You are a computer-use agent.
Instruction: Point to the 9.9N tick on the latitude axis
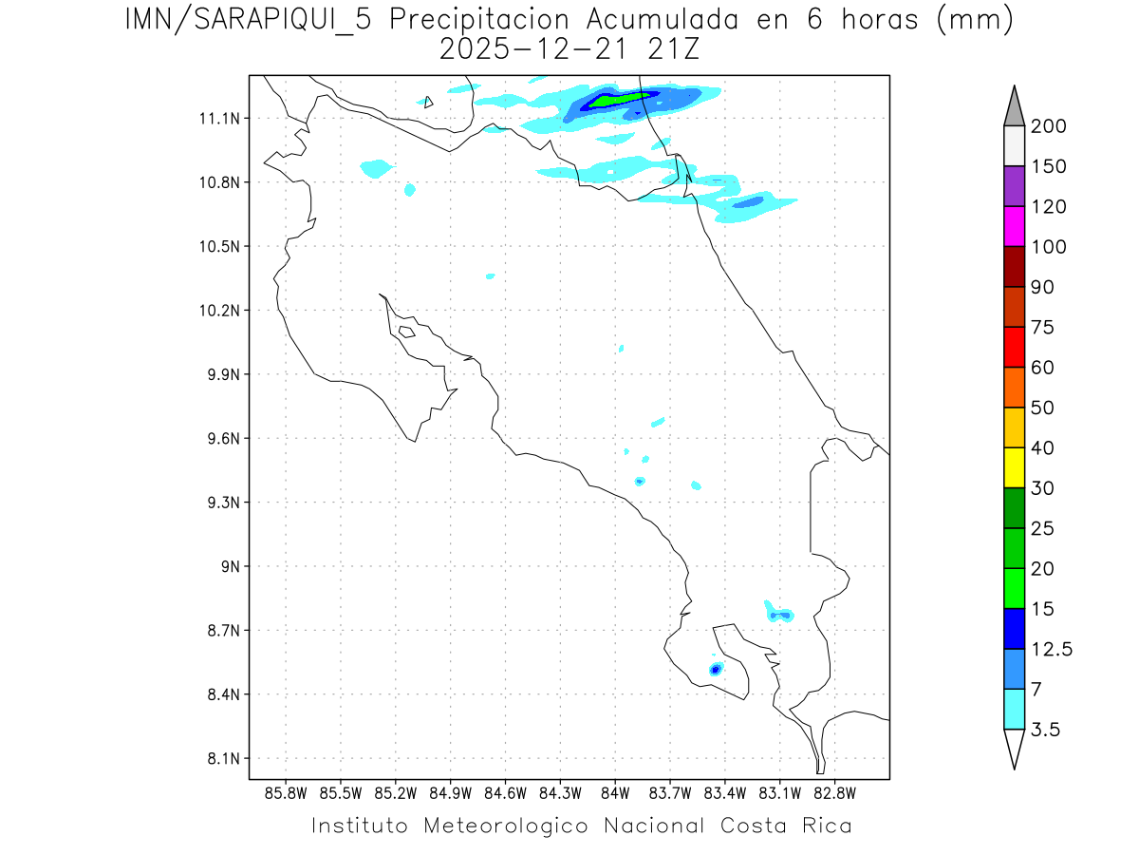click(x=219, y=374)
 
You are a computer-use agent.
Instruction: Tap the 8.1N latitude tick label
click(x=219, y=759)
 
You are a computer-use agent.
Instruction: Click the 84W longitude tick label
click(x=615, y=792)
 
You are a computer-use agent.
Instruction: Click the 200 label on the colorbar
click(x=1049, y=126)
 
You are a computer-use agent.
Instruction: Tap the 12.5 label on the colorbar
click(x=1053, y=649)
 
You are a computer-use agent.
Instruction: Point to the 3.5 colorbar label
click(x=1045, y=730)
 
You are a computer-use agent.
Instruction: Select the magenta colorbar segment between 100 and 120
click(x=1014, y=227)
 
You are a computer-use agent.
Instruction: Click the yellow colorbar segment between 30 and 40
click(x=1014, y=467)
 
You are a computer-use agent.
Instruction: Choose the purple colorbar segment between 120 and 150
click(x=1014, y=186)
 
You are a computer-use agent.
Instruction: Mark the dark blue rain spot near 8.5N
click(x=715, y=669)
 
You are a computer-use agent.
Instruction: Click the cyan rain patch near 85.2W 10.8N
click(x=377, y=168)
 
